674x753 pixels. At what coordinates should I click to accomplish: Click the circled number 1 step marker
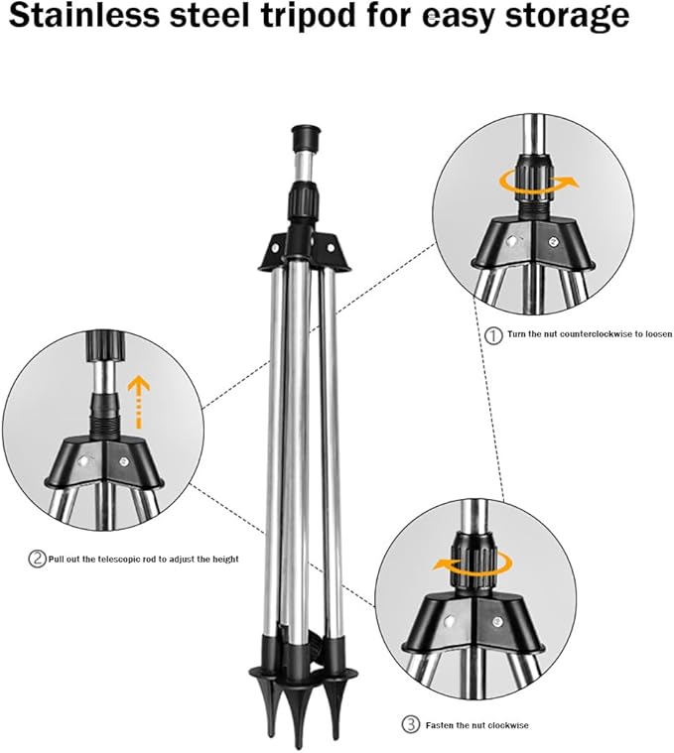(x=493, y=335)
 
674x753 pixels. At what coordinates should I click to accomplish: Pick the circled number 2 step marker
(x=37, y=560)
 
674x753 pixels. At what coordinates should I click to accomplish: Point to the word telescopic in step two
(x=123, y=560)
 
